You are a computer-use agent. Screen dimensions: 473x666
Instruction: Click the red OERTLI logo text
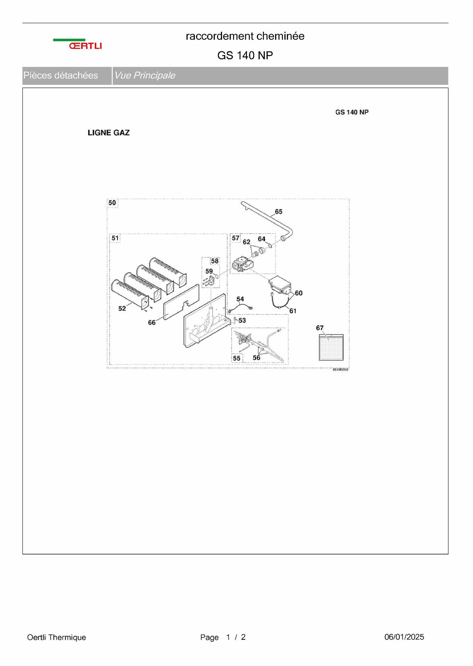[85, 46]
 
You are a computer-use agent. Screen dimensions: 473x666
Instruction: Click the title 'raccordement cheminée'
[245, 36]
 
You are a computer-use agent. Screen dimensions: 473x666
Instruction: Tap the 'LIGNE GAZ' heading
[108, 133]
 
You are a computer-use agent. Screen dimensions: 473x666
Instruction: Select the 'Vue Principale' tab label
[145, 75]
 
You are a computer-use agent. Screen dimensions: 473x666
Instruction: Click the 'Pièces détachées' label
[60, 75]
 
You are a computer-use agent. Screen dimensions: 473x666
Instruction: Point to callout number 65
[278, 212]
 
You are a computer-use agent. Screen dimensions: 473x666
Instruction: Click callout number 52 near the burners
[122, 308]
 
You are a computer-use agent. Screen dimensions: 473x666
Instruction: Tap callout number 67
[320, 328]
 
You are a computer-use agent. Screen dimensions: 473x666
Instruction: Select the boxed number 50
[112, 203]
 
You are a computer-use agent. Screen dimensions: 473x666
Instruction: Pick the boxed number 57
[235, 238]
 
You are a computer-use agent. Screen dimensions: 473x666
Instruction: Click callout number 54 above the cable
[240, 299]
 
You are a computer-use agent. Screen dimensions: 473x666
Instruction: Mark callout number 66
[152, 322]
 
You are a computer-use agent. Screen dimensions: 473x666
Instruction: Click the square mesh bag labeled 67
[331, 347]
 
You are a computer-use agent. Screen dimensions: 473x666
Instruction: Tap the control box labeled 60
[280, 285]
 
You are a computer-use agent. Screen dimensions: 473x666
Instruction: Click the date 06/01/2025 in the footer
[404, 637]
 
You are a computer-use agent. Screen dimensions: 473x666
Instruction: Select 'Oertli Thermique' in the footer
[57, 637]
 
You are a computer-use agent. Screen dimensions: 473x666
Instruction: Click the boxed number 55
[236, 358]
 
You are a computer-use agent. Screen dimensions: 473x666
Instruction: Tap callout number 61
[293, 311]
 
